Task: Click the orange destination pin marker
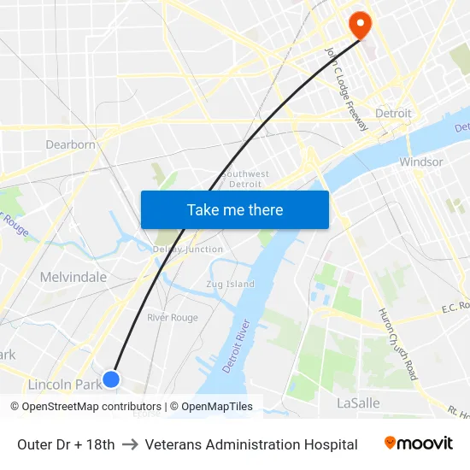[360, 26]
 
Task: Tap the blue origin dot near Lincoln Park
[111, 379]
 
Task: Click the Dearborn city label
[70, 144]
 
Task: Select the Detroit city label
[393, 114]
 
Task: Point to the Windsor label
[420, 162]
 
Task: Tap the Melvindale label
[73, 277]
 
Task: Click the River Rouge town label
[173, 318]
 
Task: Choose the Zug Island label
[231, 284]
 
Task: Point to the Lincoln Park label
[65, 385]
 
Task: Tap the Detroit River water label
[238, 345]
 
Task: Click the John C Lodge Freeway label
[346, 88]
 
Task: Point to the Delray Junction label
[188, 250]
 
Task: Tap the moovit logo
[419, 444]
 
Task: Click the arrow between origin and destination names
[130, 444]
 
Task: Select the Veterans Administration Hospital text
[251, 444]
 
